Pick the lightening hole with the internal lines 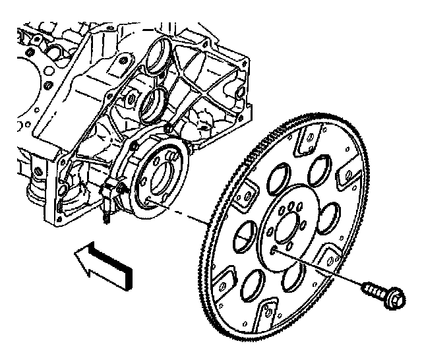coord(242,232)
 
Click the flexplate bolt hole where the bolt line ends coord(273,250)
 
